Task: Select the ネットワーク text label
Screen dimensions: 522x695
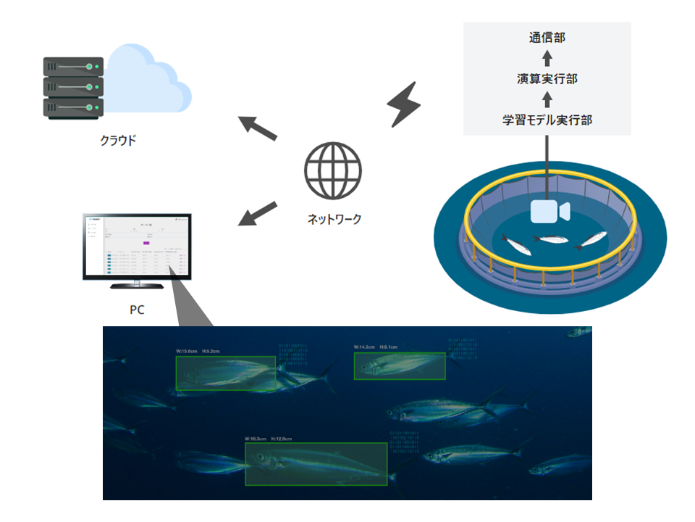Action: click(334, 219)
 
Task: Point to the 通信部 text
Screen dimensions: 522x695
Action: click(547, 37)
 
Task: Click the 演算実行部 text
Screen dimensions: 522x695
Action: click(547, 78)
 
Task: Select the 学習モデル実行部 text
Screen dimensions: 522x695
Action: click(547, 120)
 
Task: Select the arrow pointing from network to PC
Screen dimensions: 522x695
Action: click(258, 213)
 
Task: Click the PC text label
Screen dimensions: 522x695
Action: click(137, 310)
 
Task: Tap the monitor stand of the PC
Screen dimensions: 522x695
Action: click(138, 284)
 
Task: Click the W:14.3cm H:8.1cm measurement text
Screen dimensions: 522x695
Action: click(375, 347)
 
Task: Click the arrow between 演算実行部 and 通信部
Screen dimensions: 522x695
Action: click(547, 57)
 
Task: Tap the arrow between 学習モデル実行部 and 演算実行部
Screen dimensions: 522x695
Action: click(547, 99)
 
